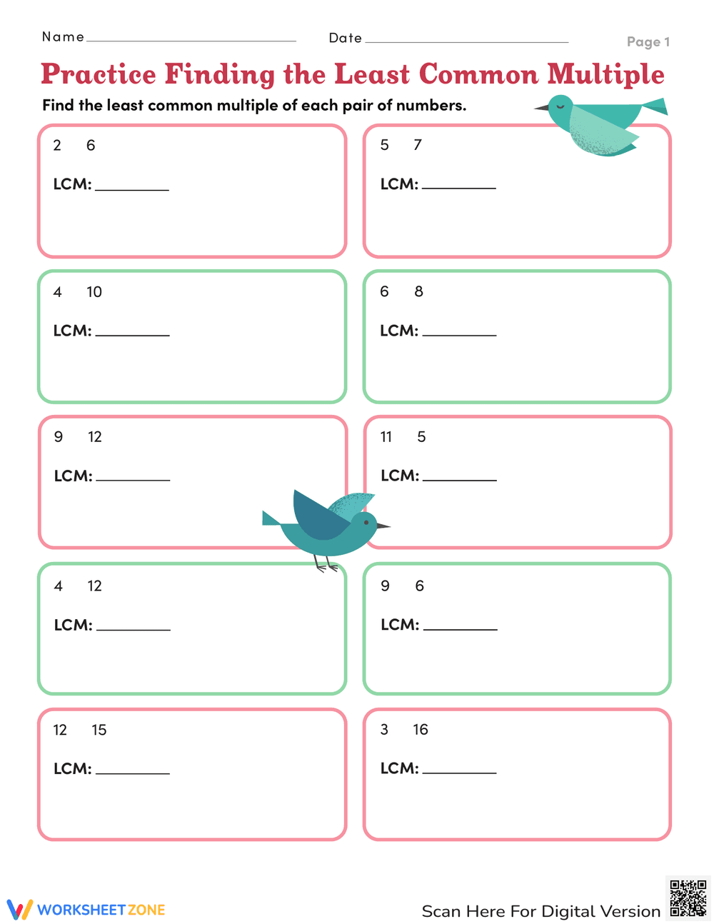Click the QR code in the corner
[x=688, y=898]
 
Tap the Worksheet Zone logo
[x=86, y=910]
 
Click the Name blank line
[x=191, y=40]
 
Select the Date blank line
[x=466, y=41]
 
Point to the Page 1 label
[x=648, y=42]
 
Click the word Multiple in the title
[x=605, y=75]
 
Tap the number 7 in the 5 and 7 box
[x=418, y=145]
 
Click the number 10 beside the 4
[x=94, y=292]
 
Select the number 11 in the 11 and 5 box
[x=386, y=437]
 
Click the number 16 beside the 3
[x=421, y=730]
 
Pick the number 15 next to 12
[x=99, y=730]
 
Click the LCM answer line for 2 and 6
[x=132, y=189]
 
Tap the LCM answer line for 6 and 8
[x=459, y=334]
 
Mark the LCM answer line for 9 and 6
[x=460, y=628]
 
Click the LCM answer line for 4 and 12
[x=134, y=629]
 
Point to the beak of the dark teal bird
[x=383, y=526]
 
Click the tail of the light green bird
[x=655, y=108]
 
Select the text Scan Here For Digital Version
[x=540, y=911]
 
